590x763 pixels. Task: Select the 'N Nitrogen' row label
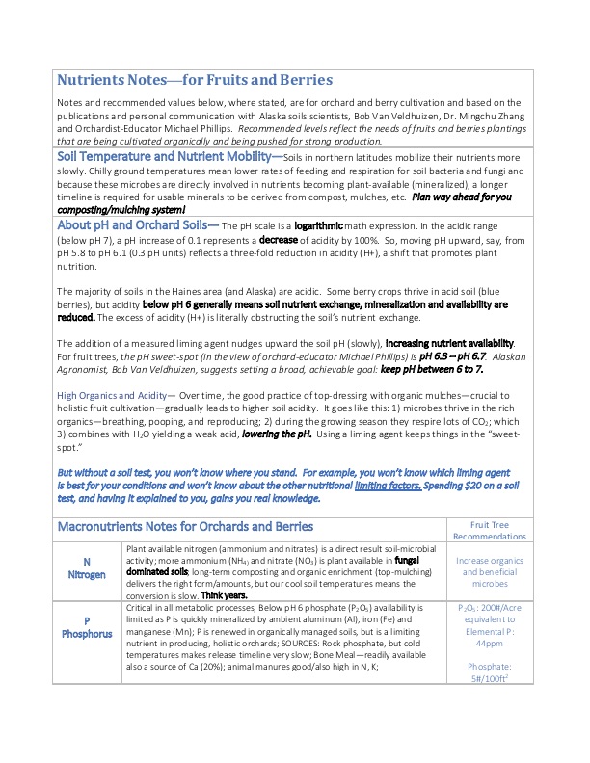coord(87,567)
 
